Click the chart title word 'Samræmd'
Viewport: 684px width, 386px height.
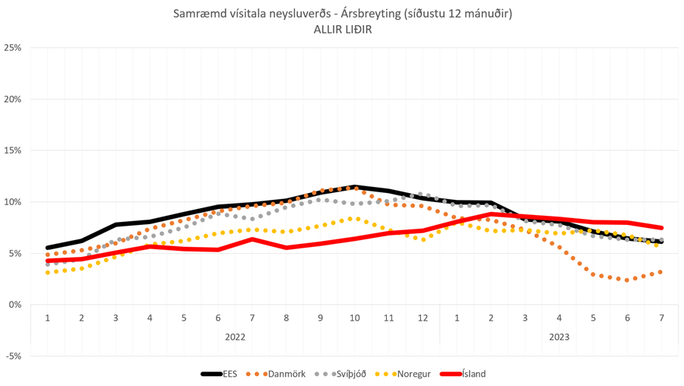(x=196, y=14)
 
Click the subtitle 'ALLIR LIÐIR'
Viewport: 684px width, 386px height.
(x=341, y=29)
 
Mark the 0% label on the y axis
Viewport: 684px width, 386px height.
(x=14, y=305)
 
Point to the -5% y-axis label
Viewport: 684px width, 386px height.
(x=12, y=356)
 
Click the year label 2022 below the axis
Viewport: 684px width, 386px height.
(x=235, y=336)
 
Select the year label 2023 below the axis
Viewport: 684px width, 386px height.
(x=559, y=336)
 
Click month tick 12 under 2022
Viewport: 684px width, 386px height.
(x=422, y=318)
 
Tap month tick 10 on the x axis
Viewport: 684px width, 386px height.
(x=354, y=318)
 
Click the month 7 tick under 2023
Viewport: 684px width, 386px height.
(x=661, y=318)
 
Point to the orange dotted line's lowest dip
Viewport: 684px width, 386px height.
(x=627, y=280)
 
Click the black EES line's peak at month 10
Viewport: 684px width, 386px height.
(x=354, y=187)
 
